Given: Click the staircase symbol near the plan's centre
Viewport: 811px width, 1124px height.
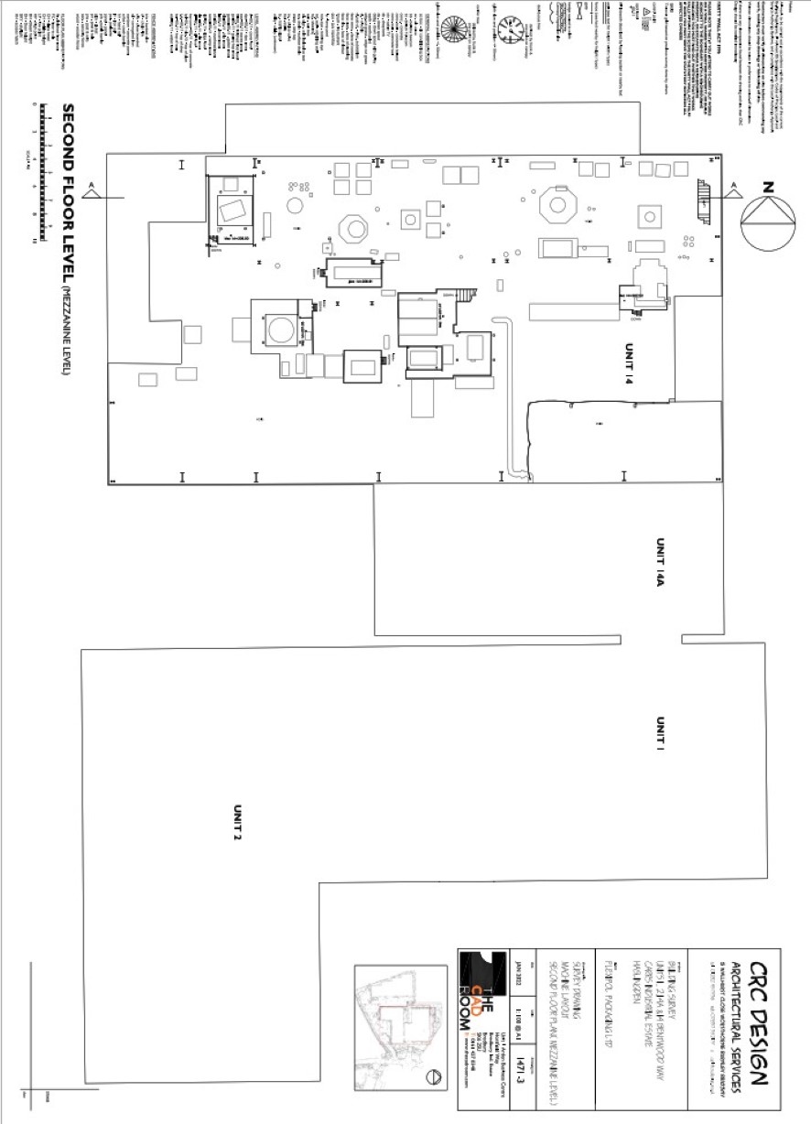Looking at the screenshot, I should coord(468,295).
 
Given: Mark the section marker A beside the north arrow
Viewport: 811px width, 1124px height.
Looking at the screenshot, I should coord(733,189).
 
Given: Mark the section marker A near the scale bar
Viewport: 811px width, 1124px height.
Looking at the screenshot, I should coord(92,189).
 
